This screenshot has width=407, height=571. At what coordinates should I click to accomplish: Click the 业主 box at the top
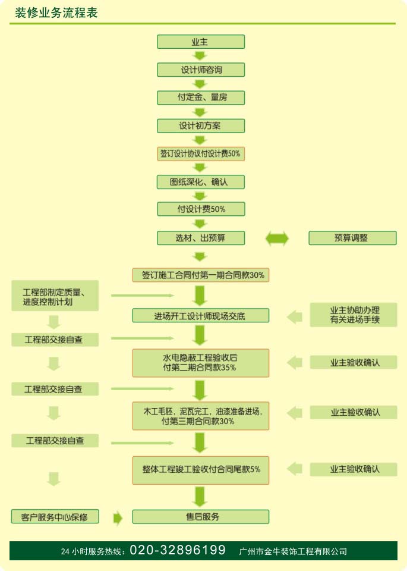click(x=201, y=42)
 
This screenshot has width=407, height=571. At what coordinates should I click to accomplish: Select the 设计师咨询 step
click(x=201, y=70)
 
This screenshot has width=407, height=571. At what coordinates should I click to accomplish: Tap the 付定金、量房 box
click(x=201, y=97)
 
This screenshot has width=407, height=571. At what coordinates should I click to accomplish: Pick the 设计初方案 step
click(x=201, y=126)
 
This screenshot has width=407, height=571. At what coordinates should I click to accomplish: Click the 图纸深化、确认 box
click(x=201, y=181)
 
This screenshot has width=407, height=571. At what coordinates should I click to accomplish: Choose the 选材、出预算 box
click(x=201, y=238)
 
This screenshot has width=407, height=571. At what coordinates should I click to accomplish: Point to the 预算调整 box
click(x=352, y=238)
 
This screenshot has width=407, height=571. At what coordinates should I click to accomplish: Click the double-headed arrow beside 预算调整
click(x=277, y=239)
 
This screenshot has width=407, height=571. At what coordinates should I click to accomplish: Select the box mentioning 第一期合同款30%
click(x=201, y=275)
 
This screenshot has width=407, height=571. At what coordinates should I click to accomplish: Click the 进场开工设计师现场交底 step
click(x=201, y=316)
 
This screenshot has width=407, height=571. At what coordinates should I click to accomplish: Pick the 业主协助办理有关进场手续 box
click(x=354, y=315)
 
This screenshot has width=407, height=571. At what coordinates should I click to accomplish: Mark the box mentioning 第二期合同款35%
click(x=201, y=362)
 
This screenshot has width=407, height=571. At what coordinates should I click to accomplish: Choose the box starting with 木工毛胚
click(x=201, y=416)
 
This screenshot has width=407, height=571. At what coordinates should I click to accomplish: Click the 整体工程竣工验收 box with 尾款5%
click(x=201, y=469)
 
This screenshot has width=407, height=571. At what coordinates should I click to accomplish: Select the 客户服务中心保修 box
click(x=55, y=516)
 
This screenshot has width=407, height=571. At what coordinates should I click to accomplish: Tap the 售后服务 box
click(x=201, y=516)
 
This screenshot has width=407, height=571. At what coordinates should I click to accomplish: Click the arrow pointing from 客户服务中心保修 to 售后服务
click(x=118, y=517)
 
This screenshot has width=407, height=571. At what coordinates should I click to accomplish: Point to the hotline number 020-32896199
click(x=177, y=550)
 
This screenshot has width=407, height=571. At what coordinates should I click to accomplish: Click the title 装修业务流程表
click(x=56, y=12)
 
